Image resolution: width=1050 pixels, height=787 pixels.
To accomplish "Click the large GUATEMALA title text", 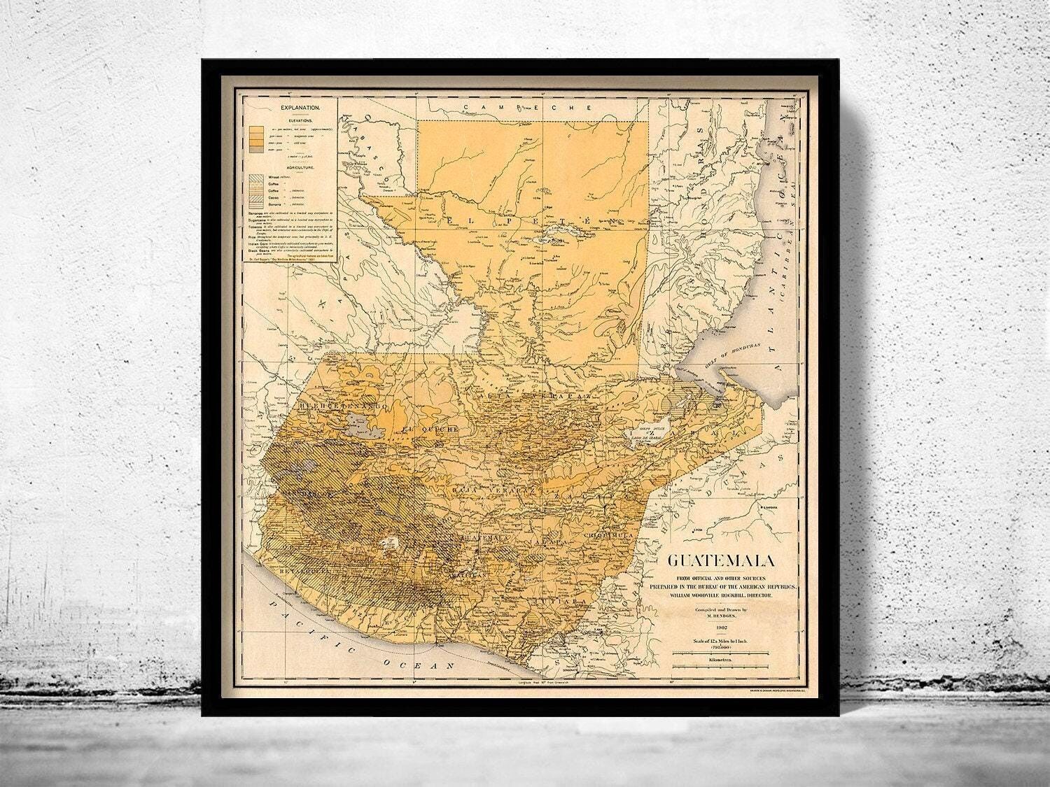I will (x=720, y=561).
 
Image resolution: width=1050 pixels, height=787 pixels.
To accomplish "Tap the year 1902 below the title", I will (x=720, y=628).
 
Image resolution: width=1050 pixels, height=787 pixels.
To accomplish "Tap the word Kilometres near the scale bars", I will (x=720, y=660).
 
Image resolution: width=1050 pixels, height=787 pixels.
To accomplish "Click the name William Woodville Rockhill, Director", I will (x=720, y=595).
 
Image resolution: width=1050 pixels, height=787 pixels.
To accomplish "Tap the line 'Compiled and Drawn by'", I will (x=720, y=610).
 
